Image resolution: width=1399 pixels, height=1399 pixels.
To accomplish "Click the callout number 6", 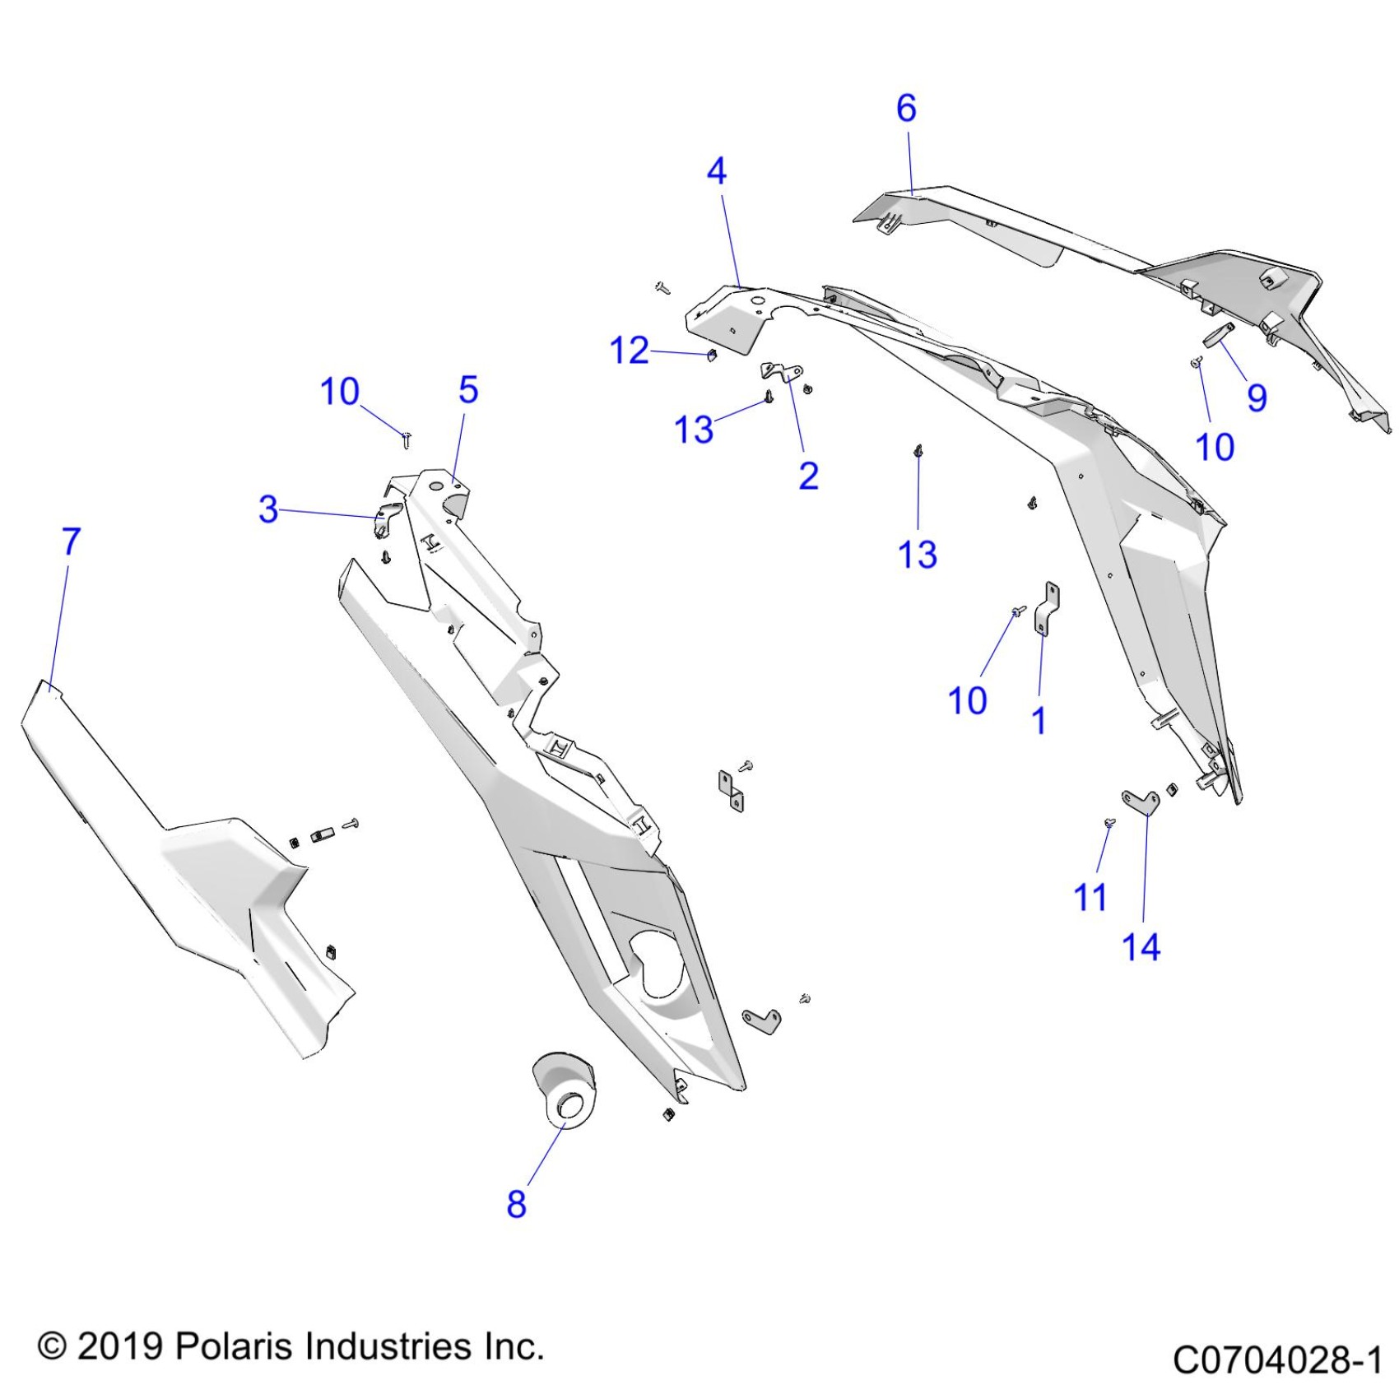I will (x=906, y=109).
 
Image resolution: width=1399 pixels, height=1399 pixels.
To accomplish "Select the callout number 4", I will (x=717, y=172).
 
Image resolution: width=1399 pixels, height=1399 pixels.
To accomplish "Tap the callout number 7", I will (x=72, y=541).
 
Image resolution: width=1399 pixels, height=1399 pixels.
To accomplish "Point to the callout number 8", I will (x=516, y=1205).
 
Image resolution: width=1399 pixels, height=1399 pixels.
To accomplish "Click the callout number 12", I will (x=630, y=351).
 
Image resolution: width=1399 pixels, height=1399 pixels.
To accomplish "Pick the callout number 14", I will (x=1141, y=948).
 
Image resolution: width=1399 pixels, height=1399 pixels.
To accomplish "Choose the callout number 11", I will (x=1090, y=898).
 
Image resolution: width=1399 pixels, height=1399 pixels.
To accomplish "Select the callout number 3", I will (x=268, y=509).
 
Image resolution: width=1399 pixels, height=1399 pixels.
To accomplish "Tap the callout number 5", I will (x=468, y=390).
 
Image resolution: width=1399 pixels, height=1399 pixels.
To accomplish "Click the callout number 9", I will (x=1256, y=398).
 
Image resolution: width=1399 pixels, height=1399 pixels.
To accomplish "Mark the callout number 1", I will (x=1039, y=721).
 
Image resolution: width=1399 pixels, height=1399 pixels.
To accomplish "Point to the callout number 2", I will (x=808, y=476).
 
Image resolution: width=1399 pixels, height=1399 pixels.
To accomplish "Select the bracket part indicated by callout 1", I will (x=1047, y=609).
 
